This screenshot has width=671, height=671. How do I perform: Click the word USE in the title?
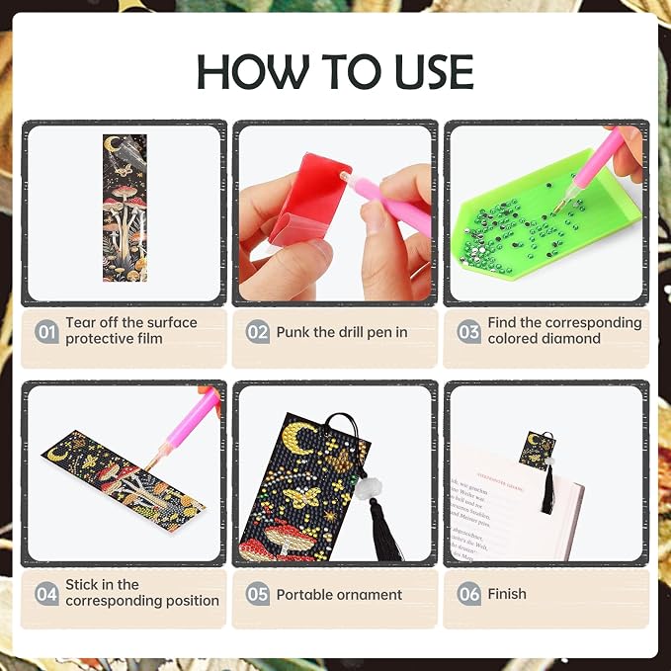[x=434, y=71]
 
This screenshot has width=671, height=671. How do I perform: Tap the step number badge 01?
[x=46, y=332]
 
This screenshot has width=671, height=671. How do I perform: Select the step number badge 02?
[x=258, y=332]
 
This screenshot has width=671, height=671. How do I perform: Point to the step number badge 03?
[x=469, y=332]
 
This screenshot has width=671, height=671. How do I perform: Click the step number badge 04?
[x=46, y=594]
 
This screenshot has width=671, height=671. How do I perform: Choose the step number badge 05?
[x=258, y=594]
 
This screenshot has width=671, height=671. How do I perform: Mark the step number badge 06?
[x=469, y=594]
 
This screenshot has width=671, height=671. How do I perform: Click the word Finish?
[x=507, y=594]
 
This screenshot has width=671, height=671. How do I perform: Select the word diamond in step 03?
[x=572, y=339]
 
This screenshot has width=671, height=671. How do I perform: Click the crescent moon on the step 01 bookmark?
[x=112, y=144]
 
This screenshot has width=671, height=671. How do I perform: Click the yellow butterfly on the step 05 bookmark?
[x=303, y=496]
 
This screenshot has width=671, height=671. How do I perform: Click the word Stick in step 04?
[x=80, y=585]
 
